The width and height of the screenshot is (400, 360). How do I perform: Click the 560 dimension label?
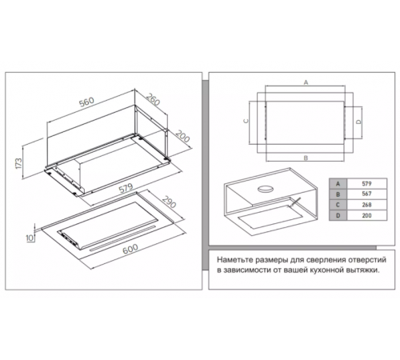(86, 102)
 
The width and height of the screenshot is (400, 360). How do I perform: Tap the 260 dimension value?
(153, 99)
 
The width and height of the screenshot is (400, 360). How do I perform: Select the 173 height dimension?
(18, 163)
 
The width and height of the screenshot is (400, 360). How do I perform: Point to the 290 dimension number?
(169, 202)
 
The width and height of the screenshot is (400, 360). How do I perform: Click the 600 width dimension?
(130, 249)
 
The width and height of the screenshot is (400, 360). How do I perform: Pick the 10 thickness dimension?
(30, 238)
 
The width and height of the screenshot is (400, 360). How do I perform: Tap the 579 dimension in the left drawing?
(126, 188)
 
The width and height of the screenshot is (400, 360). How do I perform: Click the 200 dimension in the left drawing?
(183, 136)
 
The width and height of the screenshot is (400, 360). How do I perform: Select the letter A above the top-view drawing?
(306, 82)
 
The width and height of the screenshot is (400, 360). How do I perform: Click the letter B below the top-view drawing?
(306, 158)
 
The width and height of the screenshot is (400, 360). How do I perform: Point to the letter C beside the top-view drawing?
(246, 121)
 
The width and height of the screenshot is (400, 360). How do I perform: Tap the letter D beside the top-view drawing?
(359, 122)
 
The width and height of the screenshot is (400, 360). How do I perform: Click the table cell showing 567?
(366, 194)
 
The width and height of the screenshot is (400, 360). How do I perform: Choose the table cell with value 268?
(366, 205)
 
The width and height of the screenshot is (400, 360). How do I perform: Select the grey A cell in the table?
(338, 184)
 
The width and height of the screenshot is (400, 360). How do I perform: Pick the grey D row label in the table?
(338, 215)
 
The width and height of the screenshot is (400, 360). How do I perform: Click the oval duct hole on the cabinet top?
(266, 189)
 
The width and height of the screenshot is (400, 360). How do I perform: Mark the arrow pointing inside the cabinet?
(295, 202)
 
